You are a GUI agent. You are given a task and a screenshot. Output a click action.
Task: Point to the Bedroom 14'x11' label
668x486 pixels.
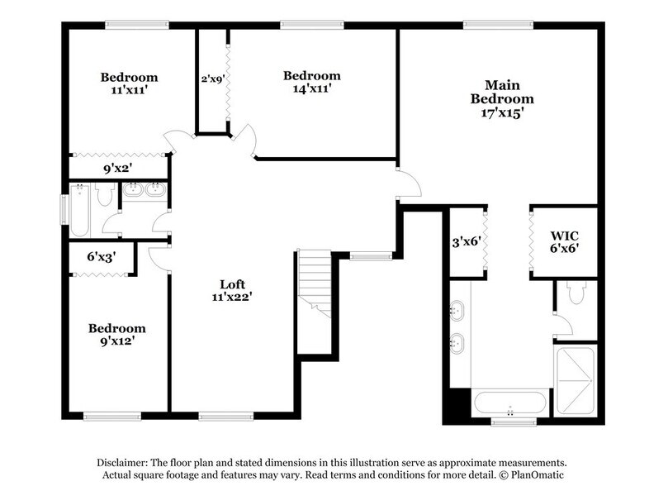[x=311, y=81]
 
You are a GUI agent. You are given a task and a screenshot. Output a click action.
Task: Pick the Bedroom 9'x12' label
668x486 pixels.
[x=117, y=335]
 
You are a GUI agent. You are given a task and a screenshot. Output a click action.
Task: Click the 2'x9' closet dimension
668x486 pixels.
[x=212, y=80]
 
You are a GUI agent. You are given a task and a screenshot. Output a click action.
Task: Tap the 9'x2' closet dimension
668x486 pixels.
[x=118, y=169]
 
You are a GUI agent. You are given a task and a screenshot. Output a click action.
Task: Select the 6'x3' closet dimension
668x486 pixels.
[x=101, y=257]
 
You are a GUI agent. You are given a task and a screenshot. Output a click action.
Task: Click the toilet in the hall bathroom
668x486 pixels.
[x=105, y=195]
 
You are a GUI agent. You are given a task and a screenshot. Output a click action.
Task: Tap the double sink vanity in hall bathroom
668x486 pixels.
[x=144, y=190]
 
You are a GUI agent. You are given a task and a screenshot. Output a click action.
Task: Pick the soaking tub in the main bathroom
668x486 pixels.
[x=509, y=404]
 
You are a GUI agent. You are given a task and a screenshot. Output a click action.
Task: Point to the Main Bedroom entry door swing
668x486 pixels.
[x=408, y=183]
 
